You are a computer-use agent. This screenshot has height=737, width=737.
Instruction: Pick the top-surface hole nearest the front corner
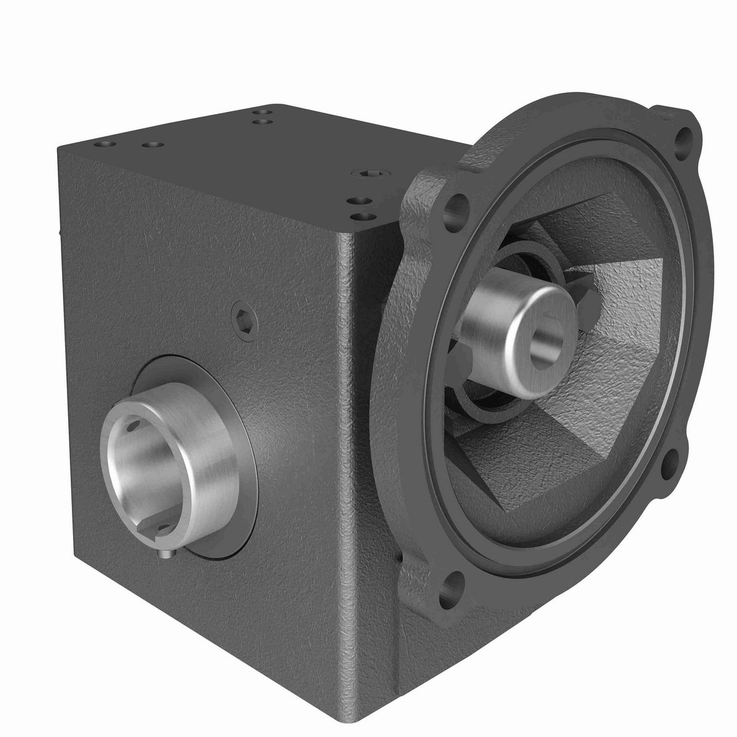coord(366,216)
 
